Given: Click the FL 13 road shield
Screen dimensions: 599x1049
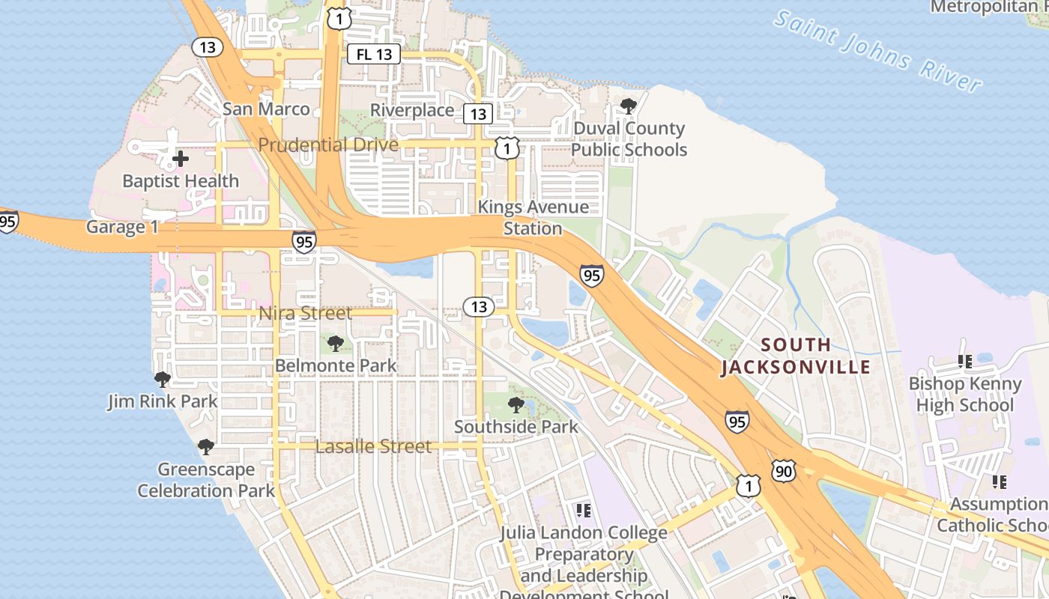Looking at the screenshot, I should click(374, 54).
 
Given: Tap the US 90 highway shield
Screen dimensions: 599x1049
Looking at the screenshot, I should click(784, 471).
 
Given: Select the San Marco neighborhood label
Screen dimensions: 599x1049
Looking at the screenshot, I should click(266, 109).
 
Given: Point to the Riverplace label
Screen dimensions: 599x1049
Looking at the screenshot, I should click(412, 111).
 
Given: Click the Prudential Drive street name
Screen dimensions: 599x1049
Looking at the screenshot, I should click(328, 145).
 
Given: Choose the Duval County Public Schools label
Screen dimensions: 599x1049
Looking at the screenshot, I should click(629, 139).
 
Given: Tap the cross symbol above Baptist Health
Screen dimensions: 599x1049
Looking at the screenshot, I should click(180, 159).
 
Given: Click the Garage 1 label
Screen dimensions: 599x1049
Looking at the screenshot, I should click(122, 227).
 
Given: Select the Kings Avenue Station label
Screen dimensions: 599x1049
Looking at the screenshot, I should click(533, 217).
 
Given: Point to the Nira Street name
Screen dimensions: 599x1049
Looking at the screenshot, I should click(305, 313).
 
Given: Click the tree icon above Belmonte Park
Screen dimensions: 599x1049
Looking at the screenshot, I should click(336, 344).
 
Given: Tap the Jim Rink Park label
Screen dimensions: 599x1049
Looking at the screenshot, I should click(163, 401).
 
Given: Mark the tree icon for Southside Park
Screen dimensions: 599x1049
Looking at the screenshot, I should click(516, 405).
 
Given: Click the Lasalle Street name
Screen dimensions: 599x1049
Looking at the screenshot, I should click(373, 447).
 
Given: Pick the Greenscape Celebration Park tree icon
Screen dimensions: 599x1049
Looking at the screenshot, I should click(206, 447).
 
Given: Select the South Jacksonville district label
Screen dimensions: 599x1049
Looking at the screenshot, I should click(796, 356).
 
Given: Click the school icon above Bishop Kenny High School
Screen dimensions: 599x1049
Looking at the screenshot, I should click(964, 362).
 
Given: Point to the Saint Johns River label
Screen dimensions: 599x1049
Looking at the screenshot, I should click(877, 51).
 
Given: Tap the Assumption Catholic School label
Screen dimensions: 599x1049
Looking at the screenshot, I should click(994, 514).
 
